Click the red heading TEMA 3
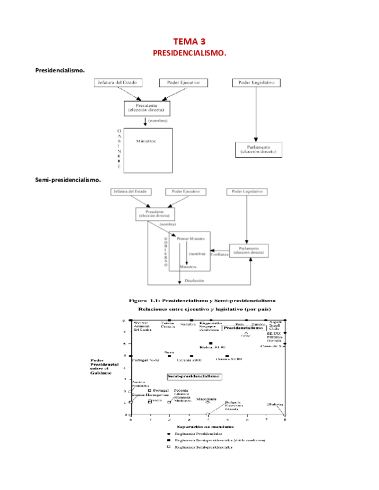(x=189, y=42)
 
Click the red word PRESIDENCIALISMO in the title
(x=189, y=53)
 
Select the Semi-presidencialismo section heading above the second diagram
(x=68, y=180)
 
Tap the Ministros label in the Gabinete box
(x=146, y=141)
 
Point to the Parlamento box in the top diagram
(x=259, y=150)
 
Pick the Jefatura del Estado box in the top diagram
(x=120, y=83)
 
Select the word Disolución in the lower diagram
(x=194, y=281)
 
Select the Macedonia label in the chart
(x=207, y=399)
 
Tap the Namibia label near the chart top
(x=188, y=325)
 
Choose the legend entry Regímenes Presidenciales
(x=198, y=433)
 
